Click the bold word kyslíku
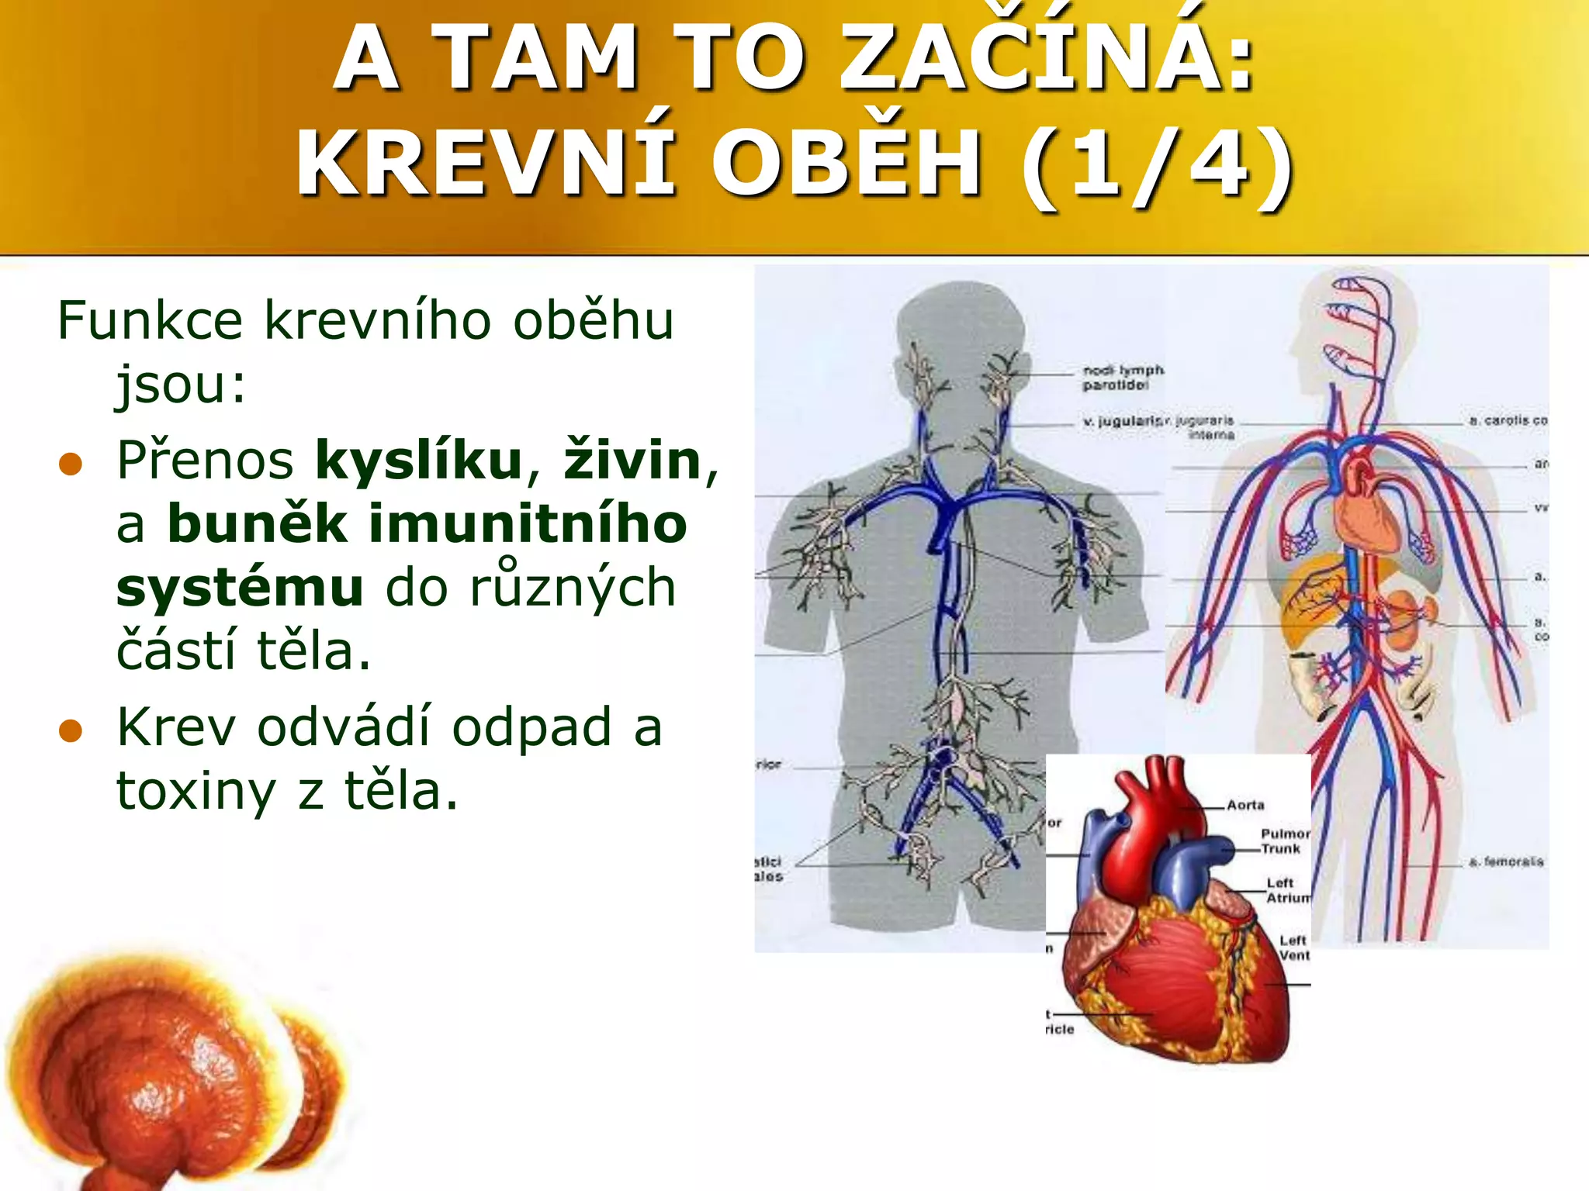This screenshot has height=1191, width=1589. [419, 461]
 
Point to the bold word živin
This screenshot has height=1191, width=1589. [632, 461]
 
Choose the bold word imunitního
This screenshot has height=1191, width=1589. [528, 524]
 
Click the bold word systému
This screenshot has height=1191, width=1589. [240, 588]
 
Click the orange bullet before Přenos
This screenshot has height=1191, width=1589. [71, 464]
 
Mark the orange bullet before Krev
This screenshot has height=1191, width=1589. [71, 730]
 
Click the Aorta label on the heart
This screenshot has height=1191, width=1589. [1245, 805]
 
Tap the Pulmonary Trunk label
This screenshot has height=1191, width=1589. [1284, 841]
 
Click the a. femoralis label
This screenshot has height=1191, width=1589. [1505, 861]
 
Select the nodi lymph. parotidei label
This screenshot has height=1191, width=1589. [1123, 378]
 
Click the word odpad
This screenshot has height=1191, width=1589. [531, 728]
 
